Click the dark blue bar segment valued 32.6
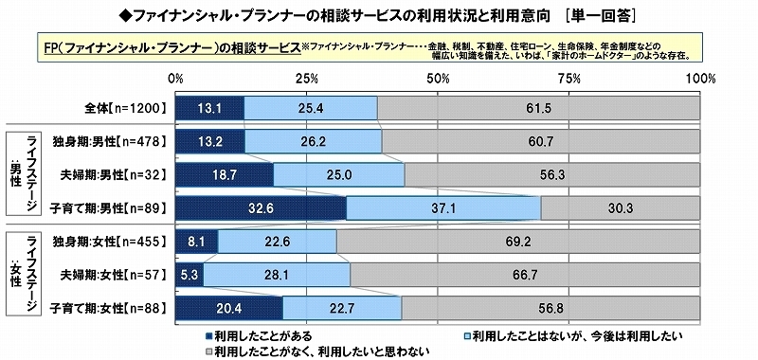pos(262,207)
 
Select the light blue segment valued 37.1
pos(443,207)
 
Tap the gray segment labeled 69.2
pos(518,242)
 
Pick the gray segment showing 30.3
pos(621,207)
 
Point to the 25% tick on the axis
pos(306,76)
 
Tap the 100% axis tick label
pos(699,76)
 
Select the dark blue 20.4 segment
pos(229,307)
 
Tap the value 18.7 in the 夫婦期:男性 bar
pos(225,175)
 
